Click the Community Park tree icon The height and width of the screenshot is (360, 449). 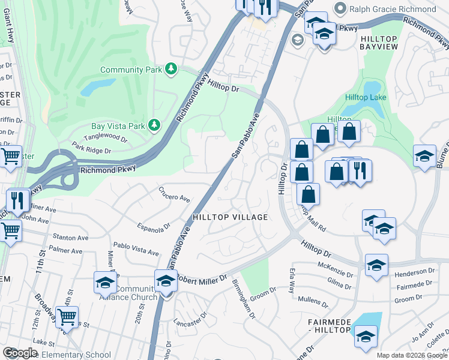172,70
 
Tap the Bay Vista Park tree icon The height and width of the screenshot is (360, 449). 155,125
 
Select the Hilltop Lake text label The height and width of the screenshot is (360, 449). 366,98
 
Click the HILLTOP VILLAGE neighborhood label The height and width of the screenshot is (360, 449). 229,217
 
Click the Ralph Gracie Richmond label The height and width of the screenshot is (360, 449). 394,9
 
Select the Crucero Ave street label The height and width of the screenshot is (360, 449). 174,197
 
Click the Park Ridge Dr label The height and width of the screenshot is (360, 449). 91,148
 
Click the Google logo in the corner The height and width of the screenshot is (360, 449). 20,353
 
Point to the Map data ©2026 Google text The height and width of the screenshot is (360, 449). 411,355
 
